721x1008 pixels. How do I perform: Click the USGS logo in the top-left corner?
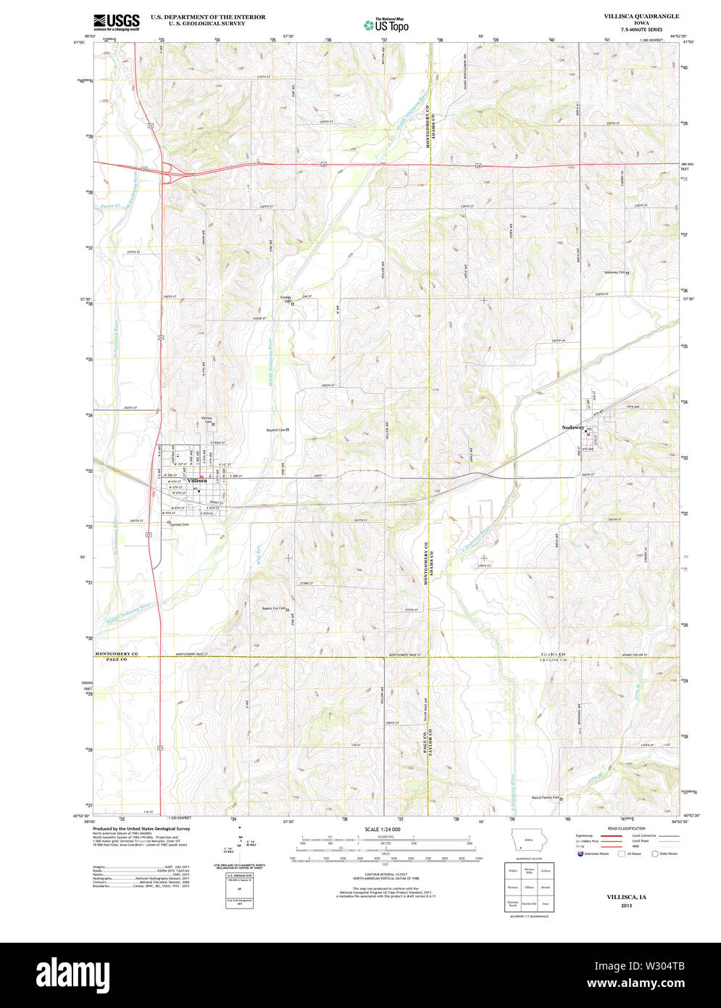coord(116,22)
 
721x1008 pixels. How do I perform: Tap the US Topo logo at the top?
coord(386,25)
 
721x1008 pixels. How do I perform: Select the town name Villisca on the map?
coord(197,480)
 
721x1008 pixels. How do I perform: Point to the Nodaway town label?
coord(572,428)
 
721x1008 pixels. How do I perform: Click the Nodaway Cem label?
coord(614,273)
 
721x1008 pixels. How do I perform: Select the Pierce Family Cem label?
coord(546,797)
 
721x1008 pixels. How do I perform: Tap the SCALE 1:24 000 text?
coord(383,829)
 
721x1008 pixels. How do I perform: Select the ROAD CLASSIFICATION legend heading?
coord(626,828)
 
